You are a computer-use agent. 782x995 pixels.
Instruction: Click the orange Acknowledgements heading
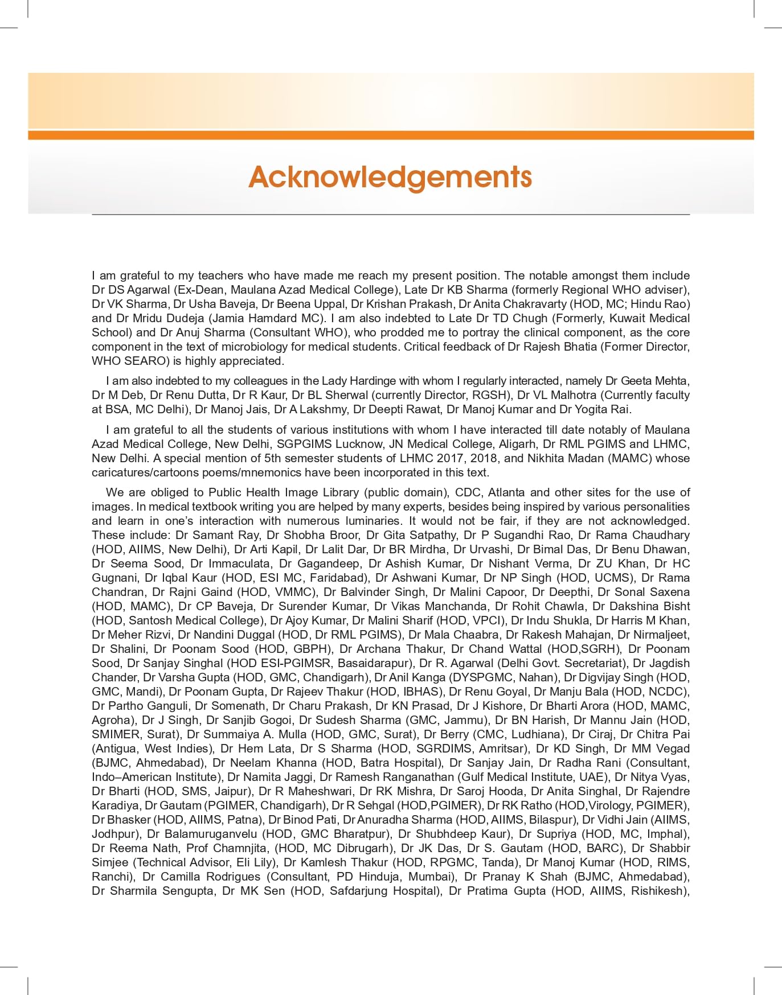click(x=390, y=177)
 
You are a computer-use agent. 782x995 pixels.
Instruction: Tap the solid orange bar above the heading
click(x=391, y=135)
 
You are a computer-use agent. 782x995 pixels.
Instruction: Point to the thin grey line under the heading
click(x=391, y=215)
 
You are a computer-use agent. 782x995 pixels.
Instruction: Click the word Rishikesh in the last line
click(x=658, y=891)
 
